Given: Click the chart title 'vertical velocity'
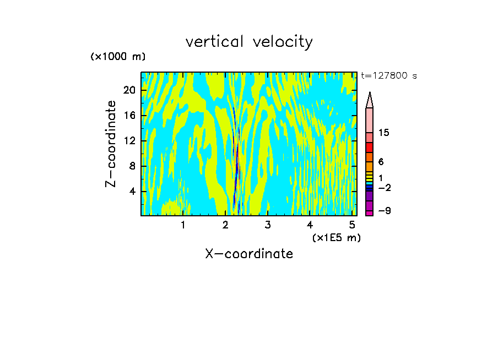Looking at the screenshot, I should click(x=249, y=42).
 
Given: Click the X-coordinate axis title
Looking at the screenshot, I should click(x=249, y=254).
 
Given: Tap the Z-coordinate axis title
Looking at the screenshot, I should click(x=111, y=144).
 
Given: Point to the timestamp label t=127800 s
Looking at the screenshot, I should click(x=388, y=76).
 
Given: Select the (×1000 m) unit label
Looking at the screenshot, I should click(x=118, y=57).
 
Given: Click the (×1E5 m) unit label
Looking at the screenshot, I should click(x=336, y=237).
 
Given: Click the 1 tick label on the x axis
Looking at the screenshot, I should click(x=183, y=225).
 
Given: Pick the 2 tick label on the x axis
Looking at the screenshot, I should click(x=225, y=225).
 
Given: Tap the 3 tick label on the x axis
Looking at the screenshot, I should click(x=267, y=225).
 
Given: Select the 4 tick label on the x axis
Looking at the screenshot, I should click(x=310, y=225).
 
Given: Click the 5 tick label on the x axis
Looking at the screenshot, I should click(x=351, y=225).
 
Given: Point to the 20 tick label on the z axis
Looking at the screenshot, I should click(x=129, y=90).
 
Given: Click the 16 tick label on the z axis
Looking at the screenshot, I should click(x=129, y=116).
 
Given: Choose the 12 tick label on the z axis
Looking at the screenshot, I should click(x=129, y=141).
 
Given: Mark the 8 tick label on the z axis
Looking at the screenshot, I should click(x=132, y=166).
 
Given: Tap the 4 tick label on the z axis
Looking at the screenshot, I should click(x=132, y=192).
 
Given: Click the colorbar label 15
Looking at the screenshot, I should click(x=384, y=133).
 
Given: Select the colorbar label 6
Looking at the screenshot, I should click(x=381, y=162).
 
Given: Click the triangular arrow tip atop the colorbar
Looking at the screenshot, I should click(x=370, y=100).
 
